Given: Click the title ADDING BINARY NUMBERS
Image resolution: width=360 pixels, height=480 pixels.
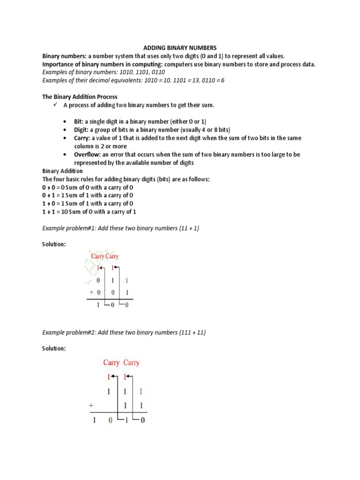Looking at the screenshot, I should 180,48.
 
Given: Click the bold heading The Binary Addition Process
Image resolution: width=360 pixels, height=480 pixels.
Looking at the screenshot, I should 80,97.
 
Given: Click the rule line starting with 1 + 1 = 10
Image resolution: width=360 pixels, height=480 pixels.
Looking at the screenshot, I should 89,211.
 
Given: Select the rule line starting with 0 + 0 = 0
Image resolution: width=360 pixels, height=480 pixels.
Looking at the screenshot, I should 88,187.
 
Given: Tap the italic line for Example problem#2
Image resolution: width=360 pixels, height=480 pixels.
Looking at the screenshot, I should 124,332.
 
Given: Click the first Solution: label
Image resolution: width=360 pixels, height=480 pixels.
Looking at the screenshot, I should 54,245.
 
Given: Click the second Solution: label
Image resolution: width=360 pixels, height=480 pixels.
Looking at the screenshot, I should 54,349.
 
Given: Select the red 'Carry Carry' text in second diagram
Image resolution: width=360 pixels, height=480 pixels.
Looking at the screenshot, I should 121,363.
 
